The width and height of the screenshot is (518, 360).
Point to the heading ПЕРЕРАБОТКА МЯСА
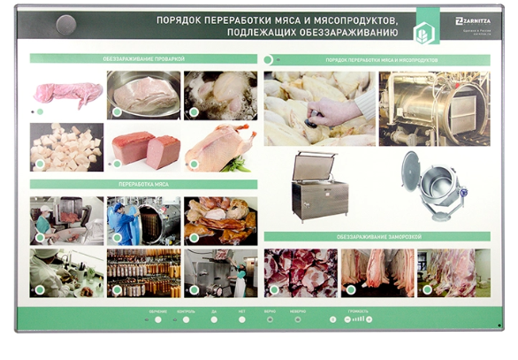point(141,184)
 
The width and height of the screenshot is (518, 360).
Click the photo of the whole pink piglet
point(66,92)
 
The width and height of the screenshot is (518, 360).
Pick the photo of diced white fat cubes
point(66,146)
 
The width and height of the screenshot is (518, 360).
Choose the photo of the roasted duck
point(220,146)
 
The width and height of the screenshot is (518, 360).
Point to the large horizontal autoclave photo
point(434,107)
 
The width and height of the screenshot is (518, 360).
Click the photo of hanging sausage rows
point(143,272)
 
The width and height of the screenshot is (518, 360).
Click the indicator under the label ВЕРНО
point(269,319)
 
